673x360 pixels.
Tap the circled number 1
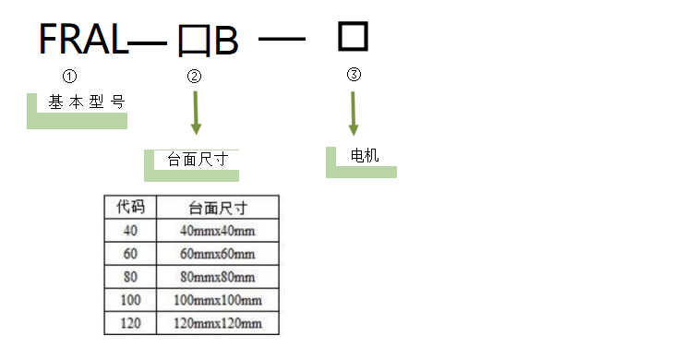tap(68, 76)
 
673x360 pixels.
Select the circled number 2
tap(194, 77)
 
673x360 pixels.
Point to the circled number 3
tap(354, 75)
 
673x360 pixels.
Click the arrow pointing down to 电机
tap(354, 114)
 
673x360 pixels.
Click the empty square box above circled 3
tap(353, 37)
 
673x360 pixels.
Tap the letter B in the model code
tap(226, 42)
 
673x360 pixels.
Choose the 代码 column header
tap(130, 207)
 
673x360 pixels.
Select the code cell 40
tap(130, 230)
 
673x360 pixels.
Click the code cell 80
tap(130, 276)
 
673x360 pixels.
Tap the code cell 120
tap(130, 323)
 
